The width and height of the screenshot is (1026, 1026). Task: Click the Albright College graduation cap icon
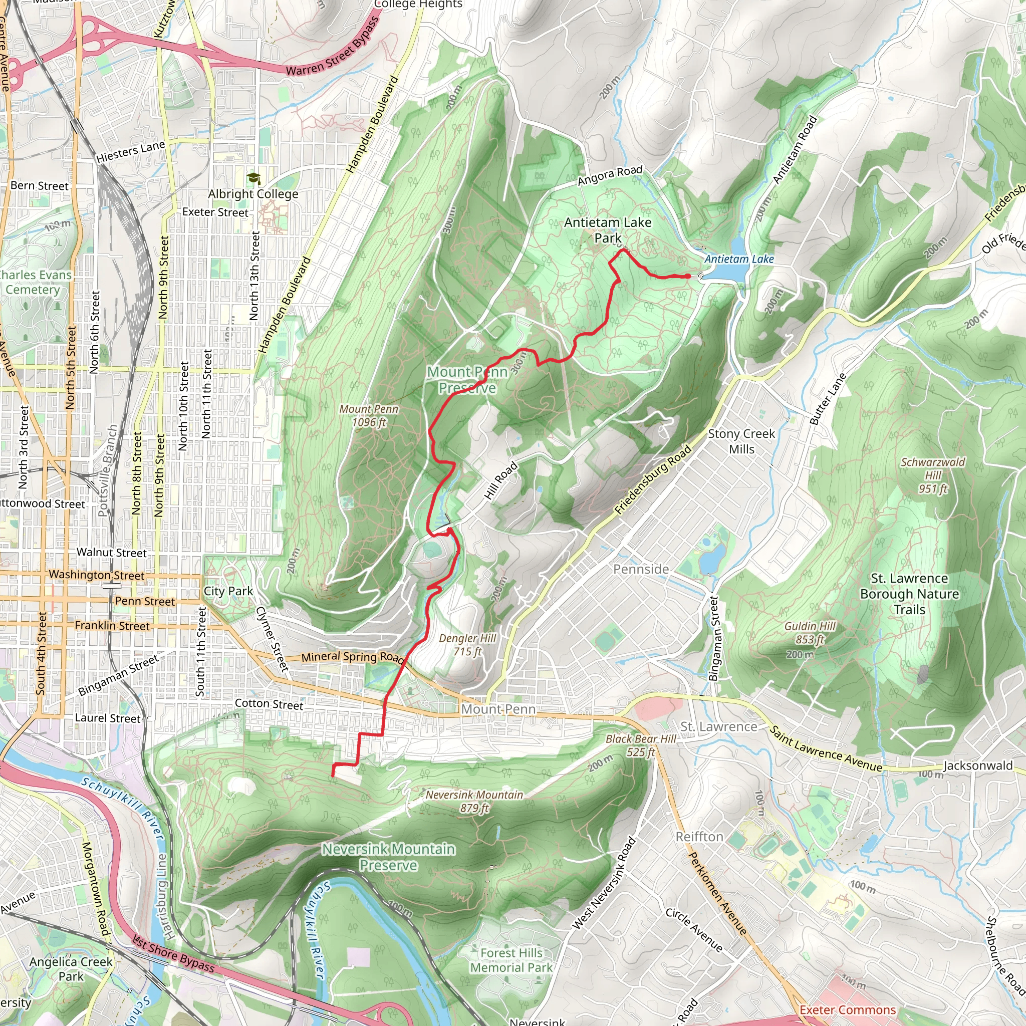254,178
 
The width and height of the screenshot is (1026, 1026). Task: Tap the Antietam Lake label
739,259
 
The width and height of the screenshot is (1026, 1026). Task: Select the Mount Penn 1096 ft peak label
369,416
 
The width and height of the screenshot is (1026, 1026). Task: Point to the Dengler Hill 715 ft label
467,645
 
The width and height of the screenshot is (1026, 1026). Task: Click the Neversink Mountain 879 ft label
474,802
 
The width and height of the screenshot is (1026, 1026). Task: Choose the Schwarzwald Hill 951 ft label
933,475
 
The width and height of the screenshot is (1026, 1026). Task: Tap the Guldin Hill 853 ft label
810,633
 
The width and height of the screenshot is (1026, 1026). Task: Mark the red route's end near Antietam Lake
688,276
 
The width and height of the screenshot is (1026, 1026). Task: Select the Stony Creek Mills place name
741,441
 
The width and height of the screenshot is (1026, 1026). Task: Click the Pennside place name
641,569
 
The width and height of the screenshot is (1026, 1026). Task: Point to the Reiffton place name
699,837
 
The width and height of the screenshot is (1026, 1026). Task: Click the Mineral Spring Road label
353,657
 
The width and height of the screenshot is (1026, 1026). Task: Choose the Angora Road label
610,175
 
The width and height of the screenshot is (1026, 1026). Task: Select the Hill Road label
501,480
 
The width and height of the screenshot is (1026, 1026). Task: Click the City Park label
228,591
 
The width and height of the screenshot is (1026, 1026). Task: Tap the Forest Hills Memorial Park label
511,960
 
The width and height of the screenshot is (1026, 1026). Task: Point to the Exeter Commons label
848,1009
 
